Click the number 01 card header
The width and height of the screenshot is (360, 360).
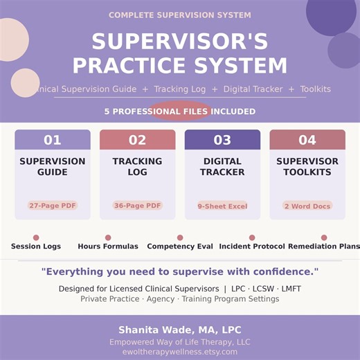(53, 140)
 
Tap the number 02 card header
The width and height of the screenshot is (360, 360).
(137, 140)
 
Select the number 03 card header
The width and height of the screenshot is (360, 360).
(222, 140)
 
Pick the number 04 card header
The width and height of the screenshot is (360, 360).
(307, 140)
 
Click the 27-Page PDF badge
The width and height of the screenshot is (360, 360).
(53, 206)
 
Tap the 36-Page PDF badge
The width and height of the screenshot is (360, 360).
(137, 206)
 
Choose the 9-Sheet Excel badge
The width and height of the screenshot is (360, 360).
(222, 206)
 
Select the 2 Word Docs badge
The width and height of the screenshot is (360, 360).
(307, 206)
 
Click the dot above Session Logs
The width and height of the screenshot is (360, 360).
(36, 237)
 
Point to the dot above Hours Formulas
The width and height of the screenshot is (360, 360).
(108, 237)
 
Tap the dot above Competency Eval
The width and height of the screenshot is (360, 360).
(180, 237)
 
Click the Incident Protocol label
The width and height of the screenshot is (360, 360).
(252, 246)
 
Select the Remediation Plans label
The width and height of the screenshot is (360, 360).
(324, 246)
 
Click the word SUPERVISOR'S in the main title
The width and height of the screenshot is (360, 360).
(180, 42)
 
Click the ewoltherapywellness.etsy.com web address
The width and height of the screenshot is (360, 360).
(180, 352)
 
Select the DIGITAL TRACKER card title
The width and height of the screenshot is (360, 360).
(222, 167)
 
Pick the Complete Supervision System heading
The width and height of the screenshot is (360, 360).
(180, 15)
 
